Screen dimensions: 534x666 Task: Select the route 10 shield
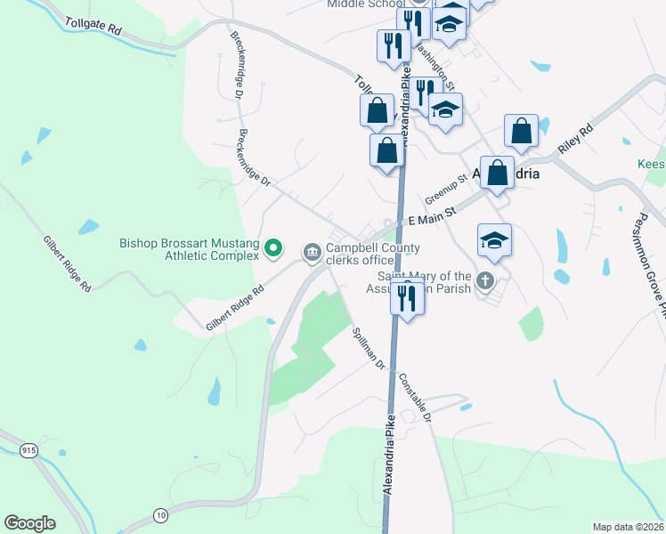pyautogui.click(x=160, y=514)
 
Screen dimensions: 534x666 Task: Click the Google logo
pyautogui.click(x=29, y=523)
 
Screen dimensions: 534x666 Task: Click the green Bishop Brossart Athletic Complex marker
pyautogui.click(x=274, y=248)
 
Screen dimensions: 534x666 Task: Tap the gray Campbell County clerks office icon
pyautogui.click(x=312, y=254)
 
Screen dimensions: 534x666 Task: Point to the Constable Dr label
pyautogui.click(x=415, y=396)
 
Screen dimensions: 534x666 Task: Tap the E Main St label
pyautogui.click(x=432, y=215)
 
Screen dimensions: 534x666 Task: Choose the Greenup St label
pyautogui.click(x=446, y=189)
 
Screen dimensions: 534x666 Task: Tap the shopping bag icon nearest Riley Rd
pyautogui.click(x=521, y=131)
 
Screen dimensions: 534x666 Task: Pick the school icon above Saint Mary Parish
pyautogui.click(x=494, y=239)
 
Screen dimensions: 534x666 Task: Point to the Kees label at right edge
pyautogui.click(x=651, y=165)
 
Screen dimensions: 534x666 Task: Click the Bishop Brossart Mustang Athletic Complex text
pyautogui.click(x=190, y=249)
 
